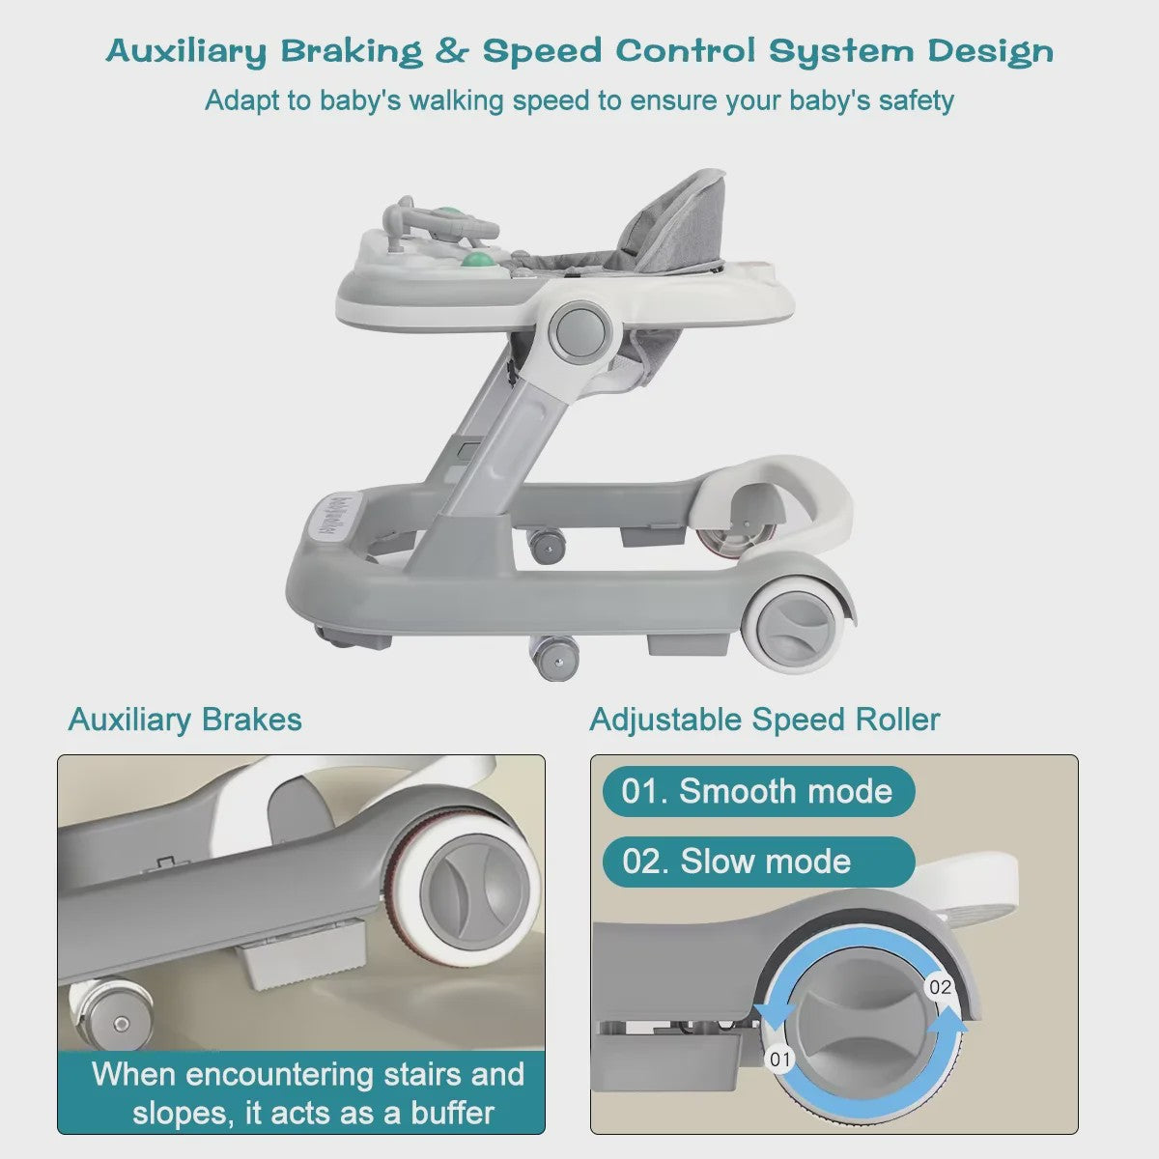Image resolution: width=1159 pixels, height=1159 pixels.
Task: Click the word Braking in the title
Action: [x=353, y=53]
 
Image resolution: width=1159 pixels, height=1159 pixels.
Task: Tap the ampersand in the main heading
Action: [x=453, y=51]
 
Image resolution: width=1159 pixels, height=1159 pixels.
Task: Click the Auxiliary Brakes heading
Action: [x=185, y=720]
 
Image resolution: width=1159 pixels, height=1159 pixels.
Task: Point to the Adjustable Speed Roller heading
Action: [x=764, y=720]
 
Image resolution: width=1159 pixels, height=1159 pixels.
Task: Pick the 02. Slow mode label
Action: [x=758, y=862]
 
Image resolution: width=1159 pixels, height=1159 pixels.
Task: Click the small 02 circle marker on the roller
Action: [x=940, y=987]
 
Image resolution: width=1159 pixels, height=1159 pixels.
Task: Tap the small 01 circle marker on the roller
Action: [x=780, y=1060]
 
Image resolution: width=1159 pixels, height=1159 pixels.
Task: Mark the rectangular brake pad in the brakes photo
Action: [x=300, y=960]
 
